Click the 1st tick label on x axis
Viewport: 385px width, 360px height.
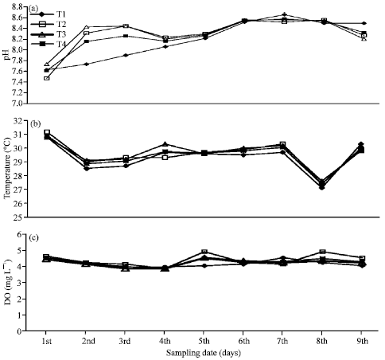tap(47, 340)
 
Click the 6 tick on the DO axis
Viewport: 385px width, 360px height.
tap(24, 236)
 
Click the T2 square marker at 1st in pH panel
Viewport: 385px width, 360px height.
tap(47, 78)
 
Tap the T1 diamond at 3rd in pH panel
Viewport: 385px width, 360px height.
tap(126, 56)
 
